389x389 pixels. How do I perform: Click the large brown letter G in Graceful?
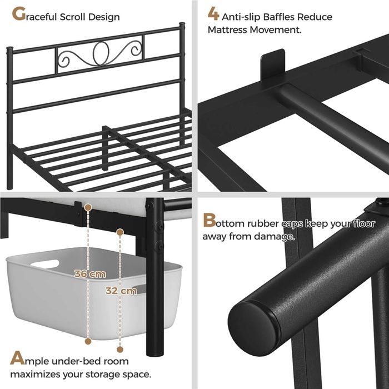click(x=18, y=14)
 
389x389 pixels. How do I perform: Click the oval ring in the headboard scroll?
click(x=101, y=53)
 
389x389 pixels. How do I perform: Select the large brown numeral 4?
click(x=213, y=14)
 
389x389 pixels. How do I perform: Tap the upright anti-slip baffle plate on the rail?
click(x=273, y=64)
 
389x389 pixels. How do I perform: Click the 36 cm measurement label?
click(x=90, y=274)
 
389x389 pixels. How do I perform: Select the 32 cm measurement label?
click(x=121, y=291)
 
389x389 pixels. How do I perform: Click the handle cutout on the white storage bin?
click(x=45, y=264)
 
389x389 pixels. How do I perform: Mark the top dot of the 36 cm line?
click(x=88, y=207)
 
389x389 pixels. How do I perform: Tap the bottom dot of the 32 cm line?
click(x=120, y=350)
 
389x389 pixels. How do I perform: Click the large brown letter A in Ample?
click(x=17, y=357)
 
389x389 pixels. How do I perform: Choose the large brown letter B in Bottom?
click(x=210, y=220)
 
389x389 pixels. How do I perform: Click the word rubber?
click(x=263, y=223)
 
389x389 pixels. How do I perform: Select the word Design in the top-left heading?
click(x=104, y=17)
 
